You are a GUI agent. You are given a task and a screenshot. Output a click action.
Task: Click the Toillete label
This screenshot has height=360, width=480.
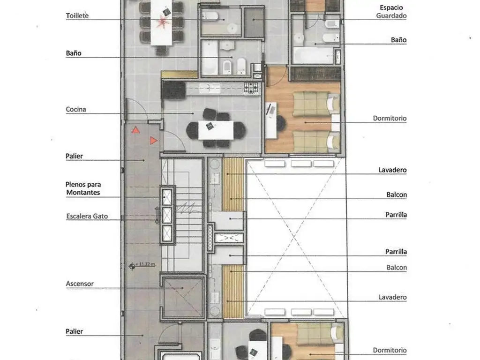coord(77,15)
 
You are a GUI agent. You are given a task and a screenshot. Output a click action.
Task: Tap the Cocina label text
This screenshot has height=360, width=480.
coord(76,109)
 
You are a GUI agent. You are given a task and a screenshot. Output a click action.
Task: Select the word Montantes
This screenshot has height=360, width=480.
coord(83,193)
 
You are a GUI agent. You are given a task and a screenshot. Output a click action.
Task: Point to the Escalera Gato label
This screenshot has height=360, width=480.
coord(87,216)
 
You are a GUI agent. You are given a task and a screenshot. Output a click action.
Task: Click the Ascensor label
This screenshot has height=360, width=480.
coord(80,284)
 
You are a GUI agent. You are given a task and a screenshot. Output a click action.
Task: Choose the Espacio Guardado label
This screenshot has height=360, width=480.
coord(391,12)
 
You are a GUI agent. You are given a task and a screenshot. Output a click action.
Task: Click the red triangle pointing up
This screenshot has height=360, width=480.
coord(135,130)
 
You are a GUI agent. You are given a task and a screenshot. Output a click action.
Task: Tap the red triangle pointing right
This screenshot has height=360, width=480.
coord(153,141)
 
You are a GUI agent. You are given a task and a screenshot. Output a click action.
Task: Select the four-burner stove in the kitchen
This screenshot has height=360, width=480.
coord(251,88)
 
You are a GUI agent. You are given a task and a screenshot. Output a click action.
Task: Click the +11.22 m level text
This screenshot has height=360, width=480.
coord(145,264)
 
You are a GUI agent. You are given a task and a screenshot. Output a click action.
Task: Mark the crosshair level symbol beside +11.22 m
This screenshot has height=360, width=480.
coord(132,266)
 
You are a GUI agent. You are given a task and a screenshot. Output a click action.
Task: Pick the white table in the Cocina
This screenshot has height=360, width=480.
coord(216,130)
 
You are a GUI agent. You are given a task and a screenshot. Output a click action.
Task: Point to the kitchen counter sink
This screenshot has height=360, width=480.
coord(210,89)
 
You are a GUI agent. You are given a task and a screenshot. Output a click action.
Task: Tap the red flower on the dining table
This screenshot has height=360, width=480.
coord(162,22)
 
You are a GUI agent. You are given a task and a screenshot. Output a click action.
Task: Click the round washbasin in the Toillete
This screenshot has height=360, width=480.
coord(232,29)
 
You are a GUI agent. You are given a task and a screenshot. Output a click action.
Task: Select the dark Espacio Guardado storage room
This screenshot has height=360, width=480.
coord(254,22)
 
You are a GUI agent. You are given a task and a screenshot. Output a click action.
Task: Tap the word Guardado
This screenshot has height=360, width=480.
coord(391,15)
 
